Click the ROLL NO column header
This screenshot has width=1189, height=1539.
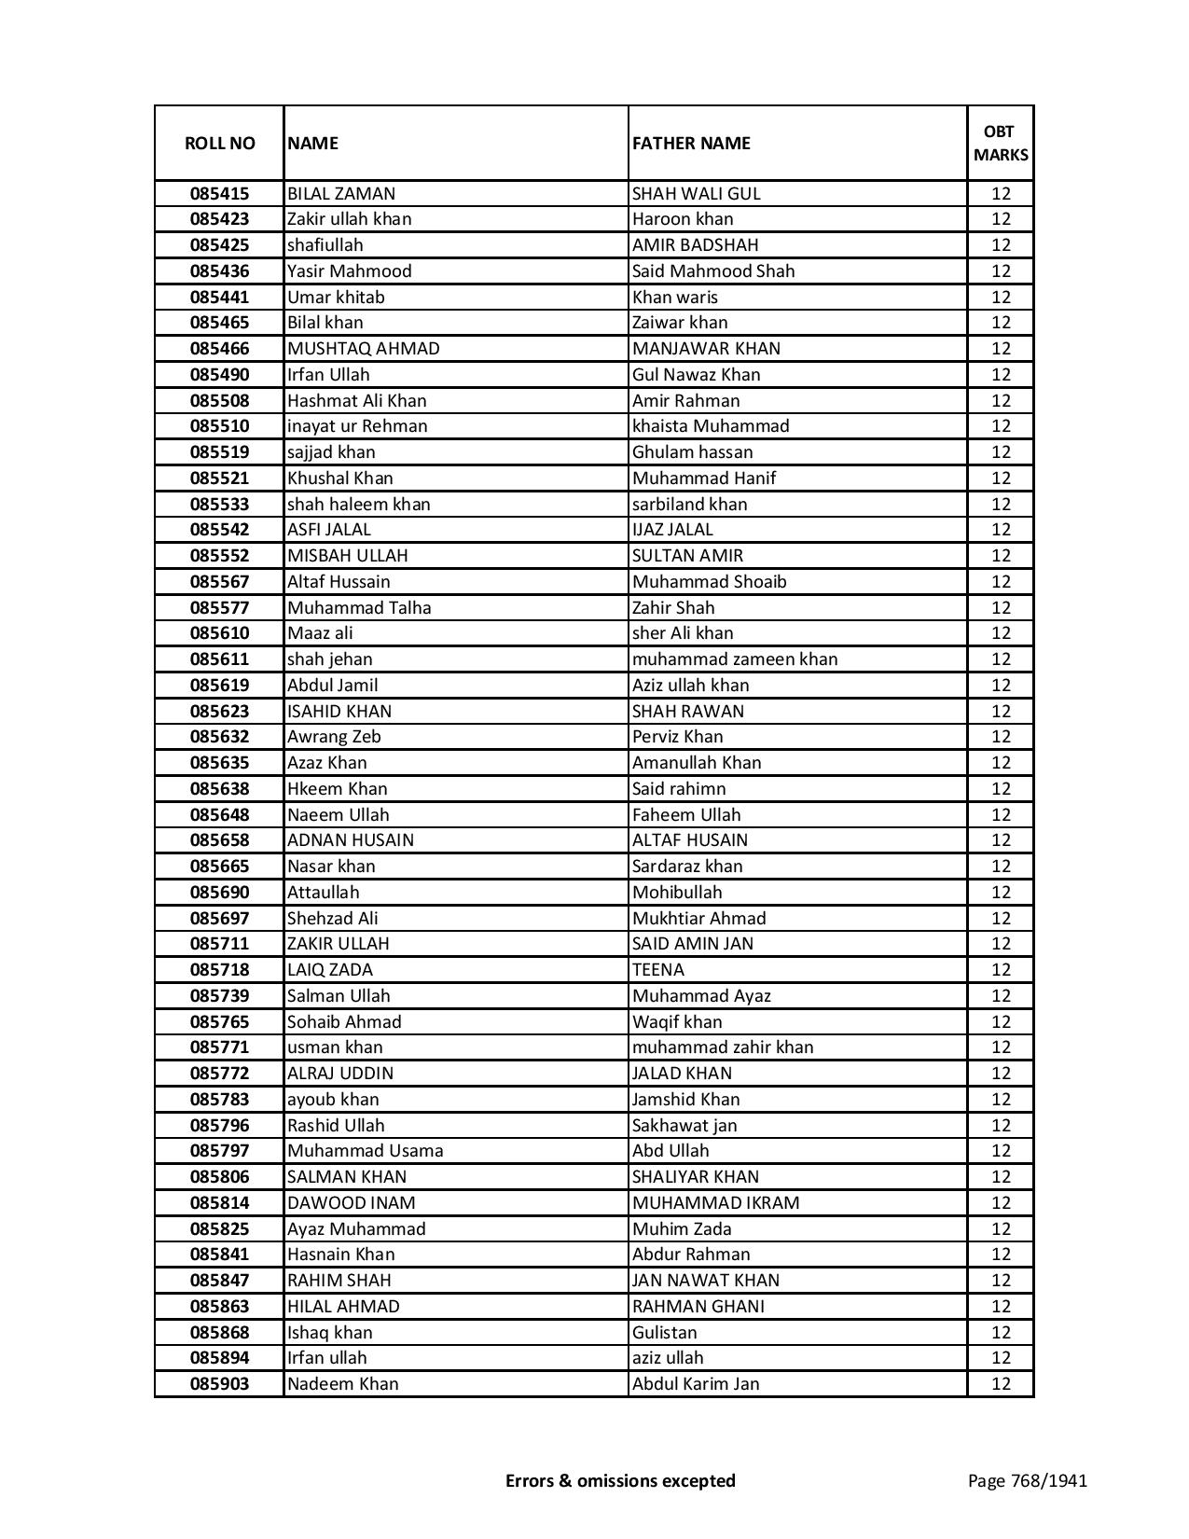tap(219, 144)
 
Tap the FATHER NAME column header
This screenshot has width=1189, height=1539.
tap(691, 144)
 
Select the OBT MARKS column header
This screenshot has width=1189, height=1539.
tap(1001, 144)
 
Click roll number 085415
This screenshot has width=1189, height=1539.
tap(219, 194)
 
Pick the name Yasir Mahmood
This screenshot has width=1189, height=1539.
tap(349, 271)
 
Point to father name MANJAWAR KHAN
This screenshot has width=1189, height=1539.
tap(706, 349)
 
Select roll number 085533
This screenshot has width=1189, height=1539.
tap(219, 505)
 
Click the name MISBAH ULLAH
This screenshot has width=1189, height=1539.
tap(347, 556)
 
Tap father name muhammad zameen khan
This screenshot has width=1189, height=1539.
tap(735, 659)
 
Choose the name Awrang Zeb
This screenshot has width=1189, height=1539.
tap(334, 737)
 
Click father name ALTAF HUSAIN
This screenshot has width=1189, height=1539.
tap(689, 840)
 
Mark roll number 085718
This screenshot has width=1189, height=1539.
tap(219, 970)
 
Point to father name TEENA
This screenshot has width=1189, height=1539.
tap(657, 970)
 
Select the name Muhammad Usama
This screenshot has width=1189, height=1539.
tap(365, 1151)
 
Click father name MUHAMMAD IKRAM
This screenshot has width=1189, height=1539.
tap(715, 1203)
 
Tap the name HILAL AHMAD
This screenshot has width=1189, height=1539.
tap(343, 1307)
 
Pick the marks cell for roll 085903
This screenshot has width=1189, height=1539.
tap(1001, 1384)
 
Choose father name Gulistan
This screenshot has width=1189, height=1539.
tap(664, 1333)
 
